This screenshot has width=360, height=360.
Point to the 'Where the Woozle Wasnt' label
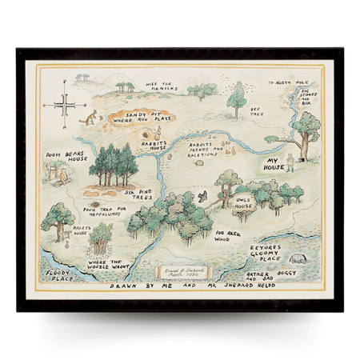tap(110, 266)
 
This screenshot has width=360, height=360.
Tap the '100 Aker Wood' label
tap(228, 236)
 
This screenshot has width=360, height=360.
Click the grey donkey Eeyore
tap(297, 258)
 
